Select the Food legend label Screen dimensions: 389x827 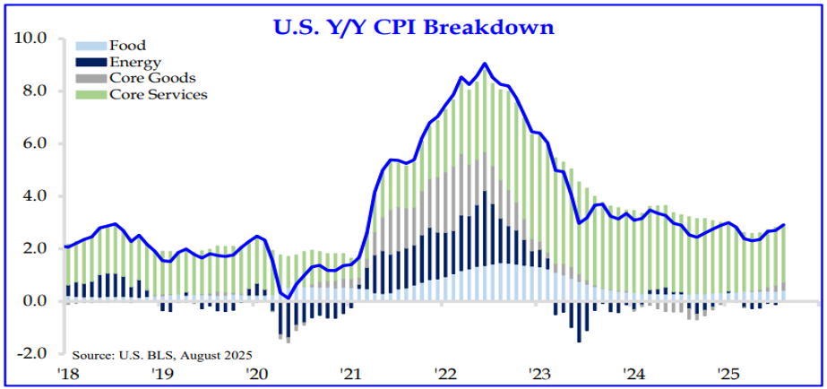coord(127,46)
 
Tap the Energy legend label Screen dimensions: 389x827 coord(134,62)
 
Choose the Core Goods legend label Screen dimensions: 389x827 coord(152,78)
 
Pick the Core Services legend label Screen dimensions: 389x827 coord(158,94)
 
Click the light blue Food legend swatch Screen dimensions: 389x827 coord(90,46)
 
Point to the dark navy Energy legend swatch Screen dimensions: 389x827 coord(90,62)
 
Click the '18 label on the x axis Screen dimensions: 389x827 coord(67,373)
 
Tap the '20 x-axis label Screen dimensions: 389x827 coord(256,373)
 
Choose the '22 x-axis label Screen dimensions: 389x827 coord(445,373)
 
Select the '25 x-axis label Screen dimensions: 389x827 coord(728,373)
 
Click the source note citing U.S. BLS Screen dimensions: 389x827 coord(163,356)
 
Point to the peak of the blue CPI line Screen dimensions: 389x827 coord(485,64)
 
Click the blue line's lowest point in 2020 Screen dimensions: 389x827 coord(289,298)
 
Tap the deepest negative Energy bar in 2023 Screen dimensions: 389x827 coord(579,327)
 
